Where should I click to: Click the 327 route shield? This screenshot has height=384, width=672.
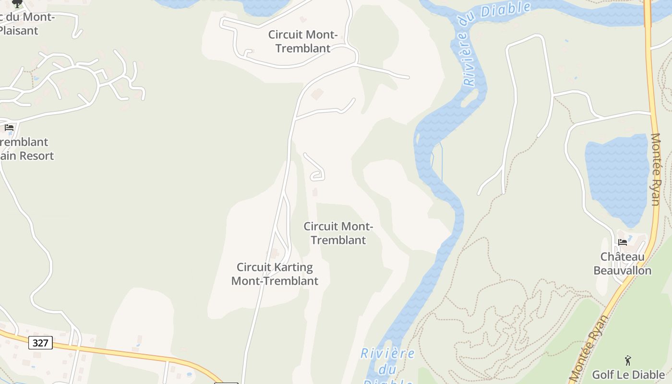(40, 343)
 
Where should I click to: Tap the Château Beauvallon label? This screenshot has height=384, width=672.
(623, 264)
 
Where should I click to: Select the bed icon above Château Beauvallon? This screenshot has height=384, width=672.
(623, 242)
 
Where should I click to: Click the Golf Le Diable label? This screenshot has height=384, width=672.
(628, 375)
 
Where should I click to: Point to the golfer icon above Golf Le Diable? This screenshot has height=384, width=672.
(628, 360)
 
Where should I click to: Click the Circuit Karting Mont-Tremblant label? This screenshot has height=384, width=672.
(275, 274)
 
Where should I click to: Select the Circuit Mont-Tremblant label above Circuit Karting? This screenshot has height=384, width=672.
(338, 233)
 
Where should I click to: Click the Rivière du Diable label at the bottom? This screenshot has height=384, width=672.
(388, 367)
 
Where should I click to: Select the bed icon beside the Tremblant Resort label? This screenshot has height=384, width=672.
(9, 128)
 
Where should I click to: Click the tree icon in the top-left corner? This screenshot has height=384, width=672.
(17, 3)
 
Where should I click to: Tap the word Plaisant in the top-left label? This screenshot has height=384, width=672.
(18, 31)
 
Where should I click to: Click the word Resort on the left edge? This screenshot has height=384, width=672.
(34, 156)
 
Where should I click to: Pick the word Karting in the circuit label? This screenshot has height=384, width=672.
(292, 267)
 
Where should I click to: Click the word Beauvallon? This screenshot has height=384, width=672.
(623, 271)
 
